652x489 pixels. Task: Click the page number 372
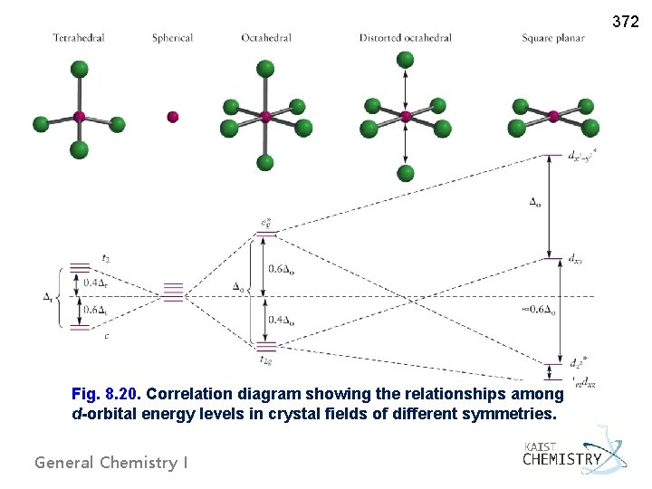(626, 20)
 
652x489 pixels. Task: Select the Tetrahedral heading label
(79, 38)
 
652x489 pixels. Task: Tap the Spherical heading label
(172, 38)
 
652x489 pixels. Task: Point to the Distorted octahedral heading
(405, 38)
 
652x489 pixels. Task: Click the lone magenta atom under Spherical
(173, 117)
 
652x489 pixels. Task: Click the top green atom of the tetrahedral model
(79, 70)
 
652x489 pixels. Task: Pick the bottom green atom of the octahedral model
(265, 163)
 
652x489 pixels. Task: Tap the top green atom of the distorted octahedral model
(406, 60)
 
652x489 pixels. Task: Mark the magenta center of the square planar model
(553, 116)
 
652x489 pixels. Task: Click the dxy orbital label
(575, 260)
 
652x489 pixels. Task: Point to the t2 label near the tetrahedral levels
(106, 258)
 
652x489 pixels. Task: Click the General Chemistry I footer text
(111, 463)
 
